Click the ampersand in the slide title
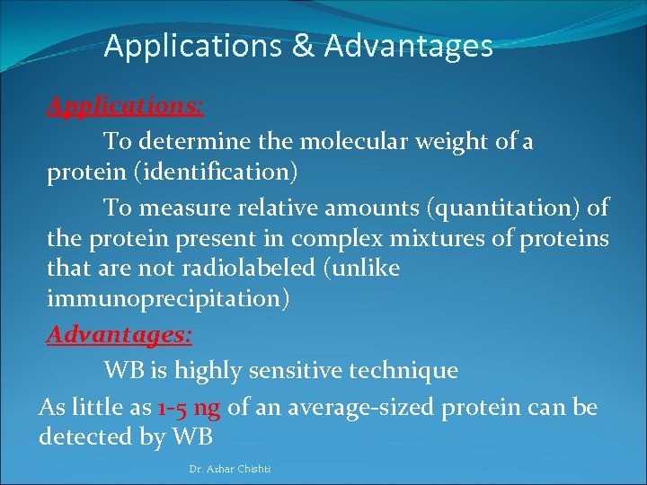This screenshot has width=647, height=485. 303,46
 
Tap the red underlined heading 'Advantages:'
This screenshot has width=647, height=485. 120,335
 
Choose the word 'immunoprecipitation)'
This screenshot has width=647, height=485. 168,299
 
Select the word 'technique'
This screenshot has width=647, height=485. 412,370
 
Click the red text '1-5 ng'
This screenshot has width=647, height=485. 188,408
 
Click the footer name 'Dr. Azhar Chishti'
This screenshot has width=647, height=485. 230,469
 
